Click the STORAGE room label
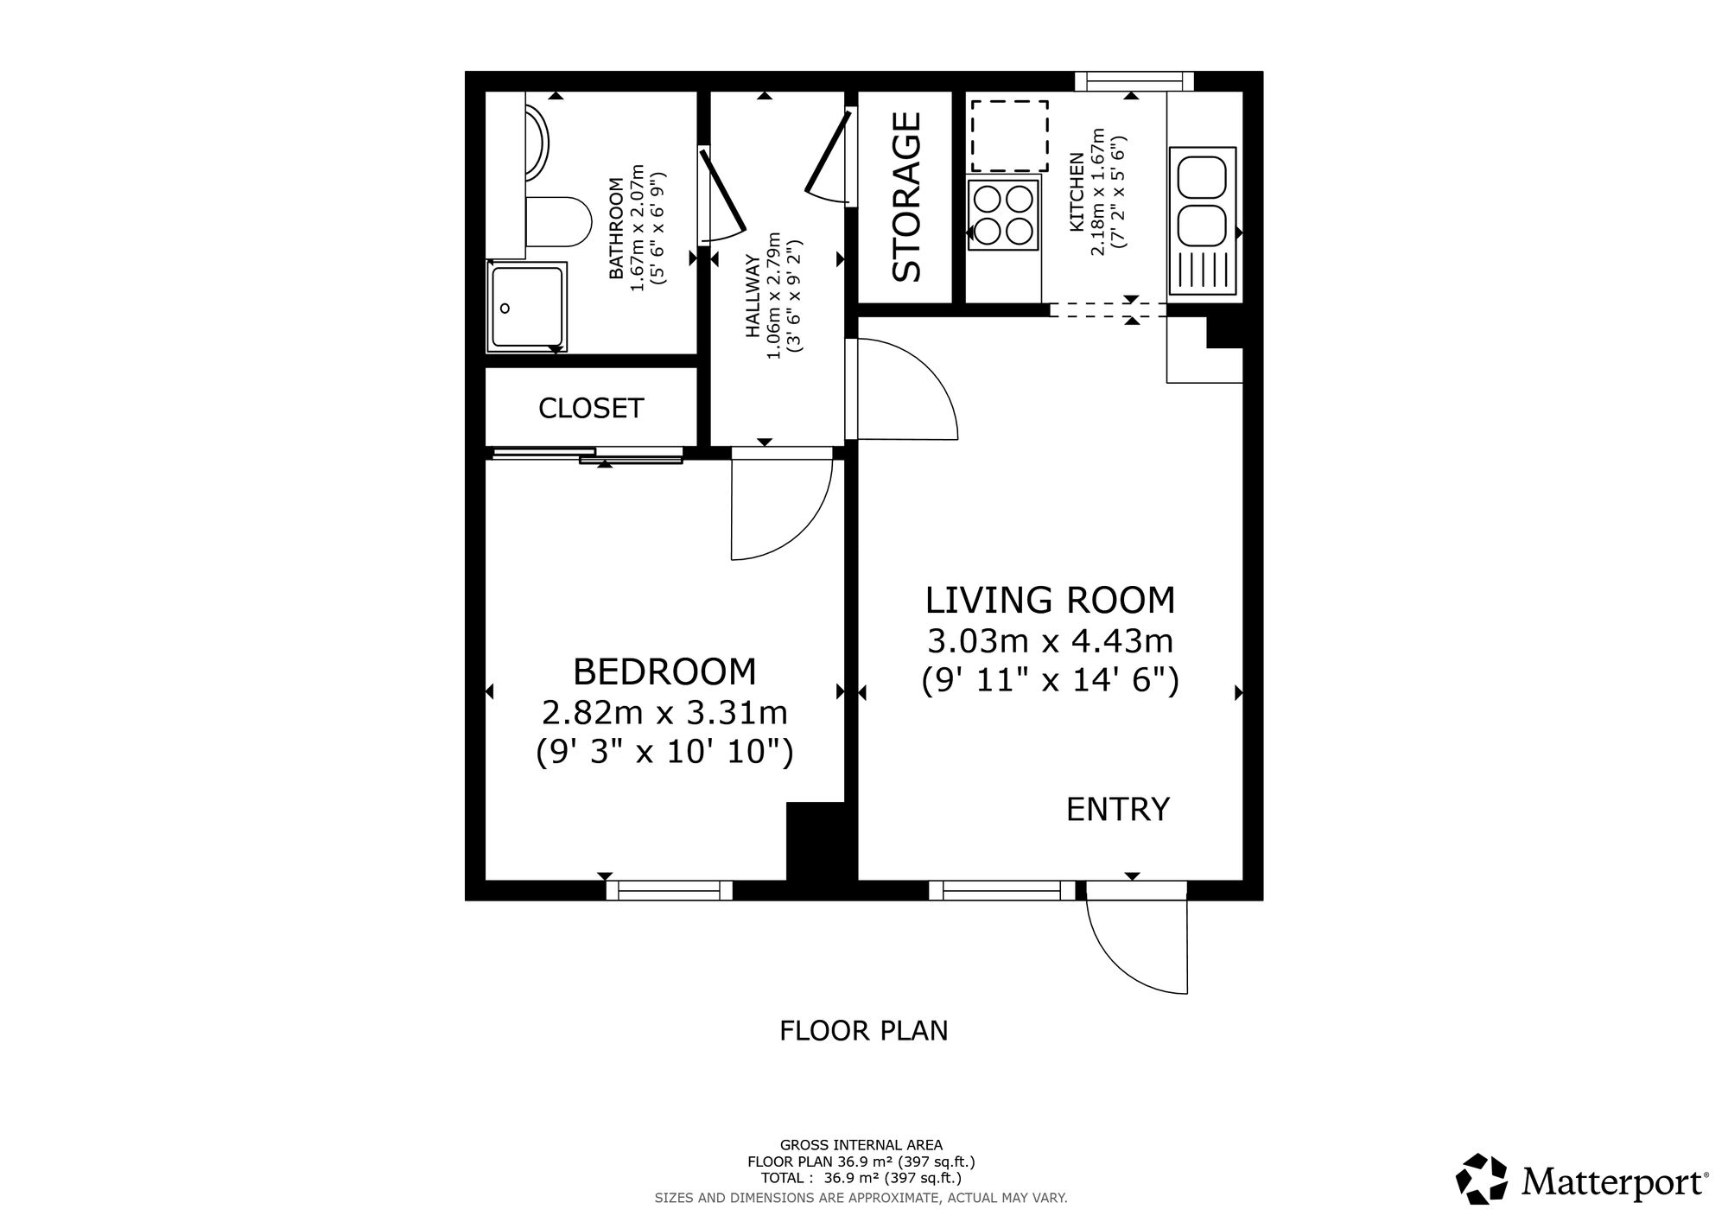pyautogui.click(x=906, y=197)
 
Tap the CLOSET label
pyautogui.click(x=591, y=408)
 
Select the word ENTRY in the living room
pyautogui.click(x=1118, y=809)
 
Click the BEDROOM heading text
pyautogui.click(x=664, y=671)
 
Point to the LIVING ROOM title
pyautogui.click(x=1051, y=600)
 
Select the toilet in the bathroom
pyautogui.click(x=557, y=222)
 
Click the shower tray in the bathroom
pyautogui.click(x=527, y=307)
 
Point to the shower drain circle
pyautogui.click(x=505, y=308)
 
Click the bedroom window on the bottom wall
pyautogui.click(x=670, y=890)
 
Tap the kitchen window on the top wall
pyautogui.click(x=1134, y=81)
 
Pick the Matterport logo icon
pyautogui.click(x=1482, y=1178)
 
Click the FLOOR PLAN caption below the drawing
pyautogui.click(x=864, y=1031)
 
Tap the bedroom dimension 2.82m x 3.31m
pyautogui.click(x=664, y=713)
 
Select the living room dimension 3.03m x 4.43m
pyautogui.click(x=1051, y=641)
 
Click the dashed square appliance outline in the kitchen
pyautogui.click(x=1009, y=136)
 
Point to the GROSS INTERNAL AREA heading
pyautogui.click(x=861, y=1146)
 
